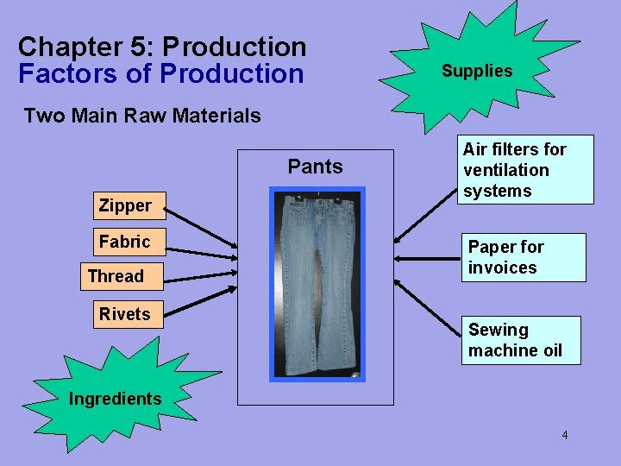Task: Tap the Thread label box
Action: click(x=116, y=277)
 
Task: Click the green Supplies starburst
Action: click(x=477, y=71)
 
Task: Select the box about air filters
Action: click(x=527, y=170)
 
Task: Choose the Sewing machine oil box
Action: click(x=520, y=340)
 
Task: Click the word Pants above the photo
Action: click(x=315, y=167)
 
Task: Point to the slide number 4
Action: click(x=565, y=435)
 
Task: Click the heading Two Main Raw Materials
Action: click(x=142, y=116)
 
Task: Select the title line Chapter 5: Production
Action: click(x=162, y=47)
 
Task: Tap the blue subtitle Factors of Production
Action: click(x=161, y=74)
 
